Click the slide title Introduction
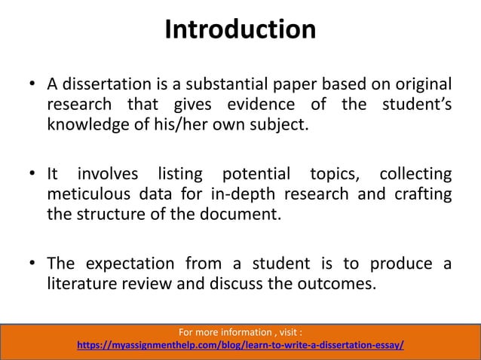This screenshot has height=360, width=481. [x=240, y=30]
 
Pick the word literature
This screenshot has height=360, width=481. [x=85, y=286]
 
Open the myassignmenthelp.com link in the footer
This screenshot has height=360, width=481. [x=240, y=346]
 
